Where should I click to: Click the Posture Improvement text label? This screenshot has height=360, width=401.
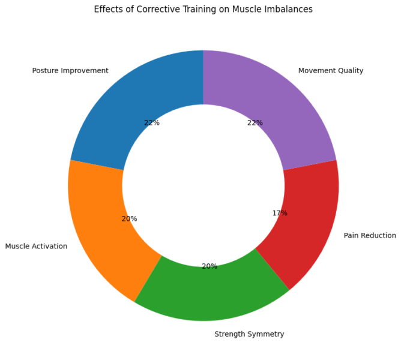(x=70, y=71)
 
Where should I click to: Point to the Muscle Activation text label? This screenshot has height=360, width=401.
(x=36, y=246)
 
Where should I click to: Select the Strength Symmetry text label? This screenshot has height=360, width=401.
(x=249, y=334)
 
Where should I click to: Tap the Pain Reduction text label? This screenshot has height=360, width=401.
(x=370, y=235)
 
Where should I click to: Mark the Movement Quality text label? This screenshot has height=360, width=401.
(x=331, y=71)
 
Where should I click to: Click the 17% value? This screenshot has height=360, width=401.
(x=280, y=213)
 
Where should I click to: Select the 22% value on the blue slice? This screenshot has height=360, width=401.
(x=152, y=123)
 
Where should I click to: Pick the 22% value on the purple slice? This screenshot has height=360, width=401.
(x=255, y=123)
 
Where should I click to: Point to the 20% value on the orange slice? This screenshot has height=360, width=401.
(x=130, y=219)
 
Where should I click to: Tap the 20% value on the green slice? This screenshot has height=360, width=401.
(x=210, y=266)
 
